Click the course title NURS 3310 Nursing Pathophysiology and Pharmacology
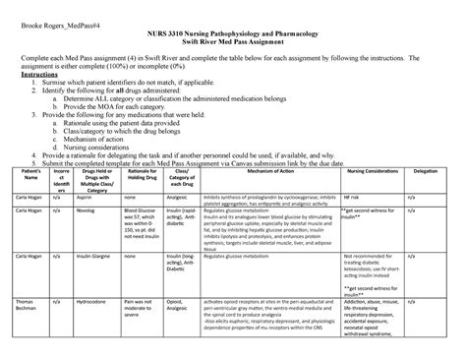pyautogui.click(x=232, y=34)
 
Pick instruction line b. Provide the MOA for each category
pyautogui.click(x=112, y=105)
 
